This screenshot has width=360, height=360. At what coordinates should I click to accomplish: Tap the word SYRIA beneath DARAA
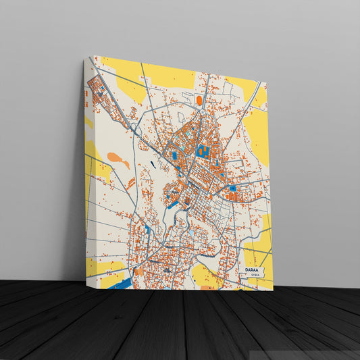(254, 276)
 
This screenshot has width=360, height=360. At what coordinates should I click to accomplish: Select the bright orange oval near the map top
(199, 101)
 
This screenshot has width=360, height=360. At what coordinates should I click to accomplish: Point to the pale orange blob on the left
(118, 161)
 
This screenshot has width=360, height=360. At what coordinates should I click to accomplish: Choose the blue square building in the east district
(232, 188)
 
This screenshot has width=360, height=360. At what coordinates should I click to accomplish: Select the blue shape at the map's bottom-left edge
(122, 284)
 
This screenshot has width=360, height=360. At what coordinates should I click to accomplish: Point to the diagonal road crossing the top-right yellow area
(253, 97)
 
